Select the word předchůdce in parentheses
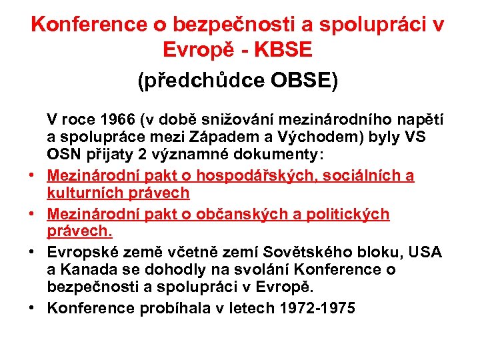[203, 81]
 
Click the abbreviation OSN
[63, 155]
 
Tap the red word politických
[351, 214]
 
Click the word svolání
[248, 269]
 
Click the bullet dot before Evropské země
[31, 253]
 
